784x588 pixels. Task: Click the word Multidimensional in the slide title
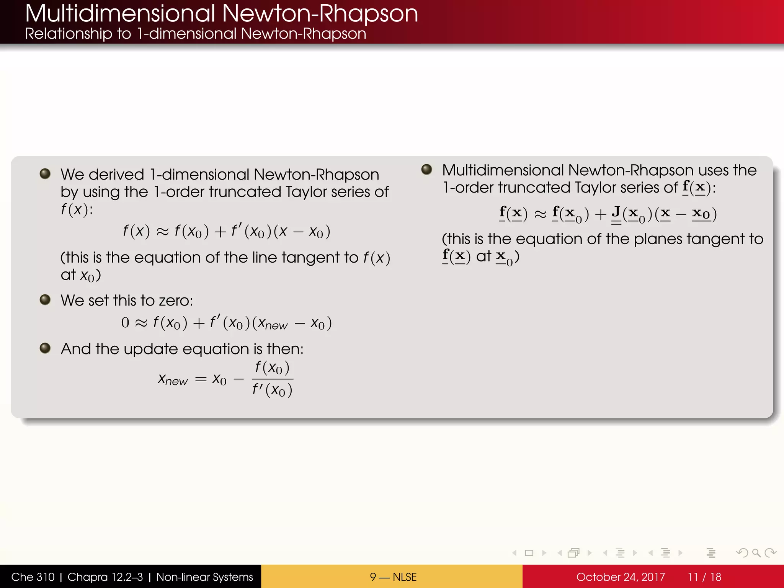click(x=120, y=14)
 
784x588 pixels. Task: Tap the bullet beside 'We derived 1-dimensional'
click(x=45, y=174)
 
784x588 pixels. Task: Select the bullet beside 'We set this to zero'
click(x=45, y=299)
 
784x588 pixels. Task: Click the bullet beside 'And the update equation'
click(x=45, y=348)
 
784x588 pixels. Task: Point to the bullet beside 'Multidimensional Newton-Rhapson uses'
click(x=426, y=170)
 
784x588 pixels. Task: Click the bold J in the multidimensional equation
click(x=616, y=212)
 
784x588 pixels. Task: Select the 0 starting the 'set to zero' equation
click(x=125, y=323)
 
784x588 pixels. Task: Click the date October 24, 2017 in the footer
click(x=620, y=577)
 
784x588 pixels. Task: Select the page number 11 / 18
click(x=704, y=577)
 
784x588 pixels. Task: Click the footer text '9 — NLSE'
click(x=393, y=577)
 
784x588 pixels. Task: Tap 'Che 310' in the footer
click(x=33, y=577)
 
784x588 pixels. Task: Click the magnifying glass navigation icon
click(x=756, y=553)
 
